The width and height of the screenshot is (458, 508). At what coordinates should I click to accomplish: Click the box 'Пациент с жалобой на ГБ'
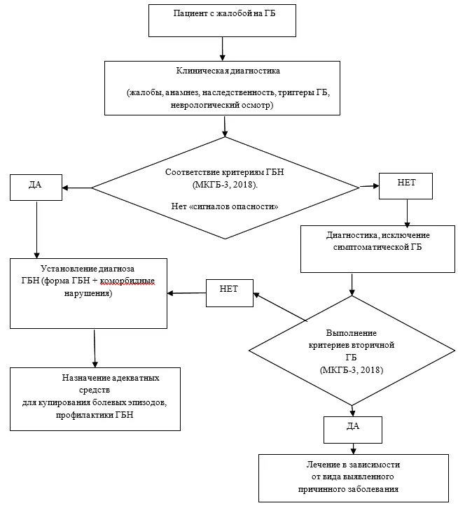coord(222,20)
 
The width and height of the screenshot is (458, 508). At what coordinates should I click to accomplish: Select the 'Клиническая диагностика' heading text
coord(228,71)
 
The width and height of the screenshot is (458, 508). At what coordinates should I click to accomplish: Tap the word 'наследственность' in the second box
coord(239,92)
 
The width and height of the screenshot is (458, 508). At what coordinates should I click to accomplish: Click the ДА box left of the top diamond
coord(36,188)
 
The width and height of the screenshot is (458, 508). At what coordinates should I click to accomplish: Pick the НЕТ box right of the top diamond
coord(405,186)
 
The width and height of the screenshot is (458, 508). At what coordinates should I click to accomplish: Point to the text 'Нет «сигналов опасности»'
coord(225,206)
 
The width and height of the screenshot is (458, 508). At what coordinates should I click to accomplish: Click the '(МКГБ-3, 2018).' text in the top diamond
coord(225,185)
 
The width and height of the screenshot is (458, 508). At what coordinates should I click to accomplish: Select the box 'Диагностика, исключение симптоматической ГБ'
coord(377,249)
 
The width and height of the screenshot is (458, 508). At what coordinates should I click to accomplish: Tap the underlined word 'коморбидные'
coord(127,281)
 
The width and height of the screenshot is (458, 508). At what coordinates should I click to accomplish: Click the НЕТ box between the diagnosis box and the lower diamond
coord(230,293)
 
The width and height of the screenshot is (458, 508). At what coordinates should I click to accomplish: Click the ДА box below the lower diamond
coord(353,430)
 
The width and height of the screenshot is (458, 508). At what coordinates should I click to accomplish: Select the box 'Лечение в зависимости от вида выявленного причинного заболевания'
coord(354,478)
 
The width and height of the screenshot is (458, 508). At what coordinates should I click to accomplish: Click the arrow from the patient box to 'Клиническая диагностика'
coord(222,48)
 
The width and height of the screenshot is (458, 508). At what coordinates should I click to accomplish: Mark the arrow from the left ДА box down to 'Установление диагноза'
coord(36,230)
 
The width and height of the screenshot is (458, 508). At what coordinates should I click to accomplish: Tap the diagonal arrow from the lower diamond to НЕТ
coord(280,307)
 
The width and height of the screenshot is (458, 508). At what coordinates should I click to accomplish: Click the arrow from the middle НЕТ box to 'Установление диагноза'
coord(186,293)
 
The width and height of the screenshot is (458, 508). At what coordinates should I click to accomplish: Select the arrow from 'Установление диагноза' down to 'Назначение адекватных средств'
coord(95,348)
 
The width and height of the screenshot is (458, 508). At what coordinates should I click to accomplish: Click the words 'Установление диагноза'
coord(88,269)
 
